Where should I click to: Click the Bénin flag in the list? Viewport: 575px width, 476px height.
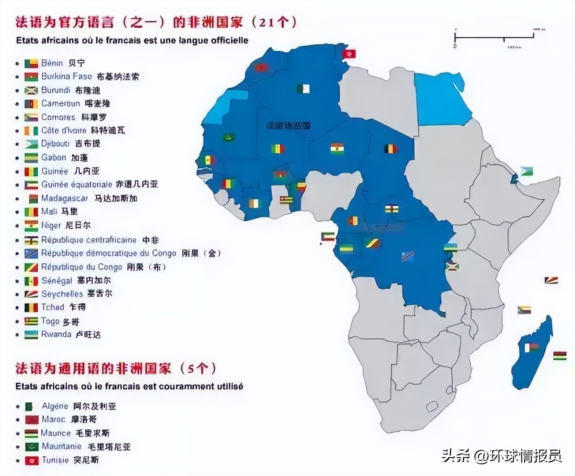point(31,63)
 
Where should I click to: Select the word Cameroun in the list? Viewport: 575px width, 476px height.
point(60,104)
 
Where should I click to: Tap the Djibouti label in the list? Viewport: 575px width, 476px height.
point(55,144)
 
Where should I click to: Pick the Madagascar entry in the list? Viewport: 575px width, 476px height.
point(64,198)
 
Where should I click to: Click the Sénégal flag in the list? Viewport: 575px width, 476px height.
point(31,281)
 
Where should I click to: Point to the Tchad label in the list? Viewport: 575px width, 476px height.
point(53,307)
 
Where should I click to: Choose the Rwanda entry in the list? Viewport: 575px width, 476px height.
point(56,335)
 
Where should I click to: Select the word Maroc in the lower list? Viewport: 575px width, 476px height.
point(53,419)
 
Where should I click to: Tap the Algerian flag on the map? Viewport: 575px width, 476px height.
point(303,88)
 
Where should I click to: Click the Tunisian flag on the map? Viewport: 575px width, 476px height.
point(349,54)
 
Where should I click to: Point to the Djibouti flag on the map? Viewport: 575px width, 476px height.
point(526,172)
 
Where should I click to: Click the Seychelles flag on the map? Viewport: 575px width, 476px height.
point(551,280)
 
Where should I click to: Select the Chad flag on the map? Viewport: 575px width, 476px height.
point(391,148)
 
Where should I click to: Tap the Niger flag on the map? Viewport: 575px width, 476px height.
point(337,148)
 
